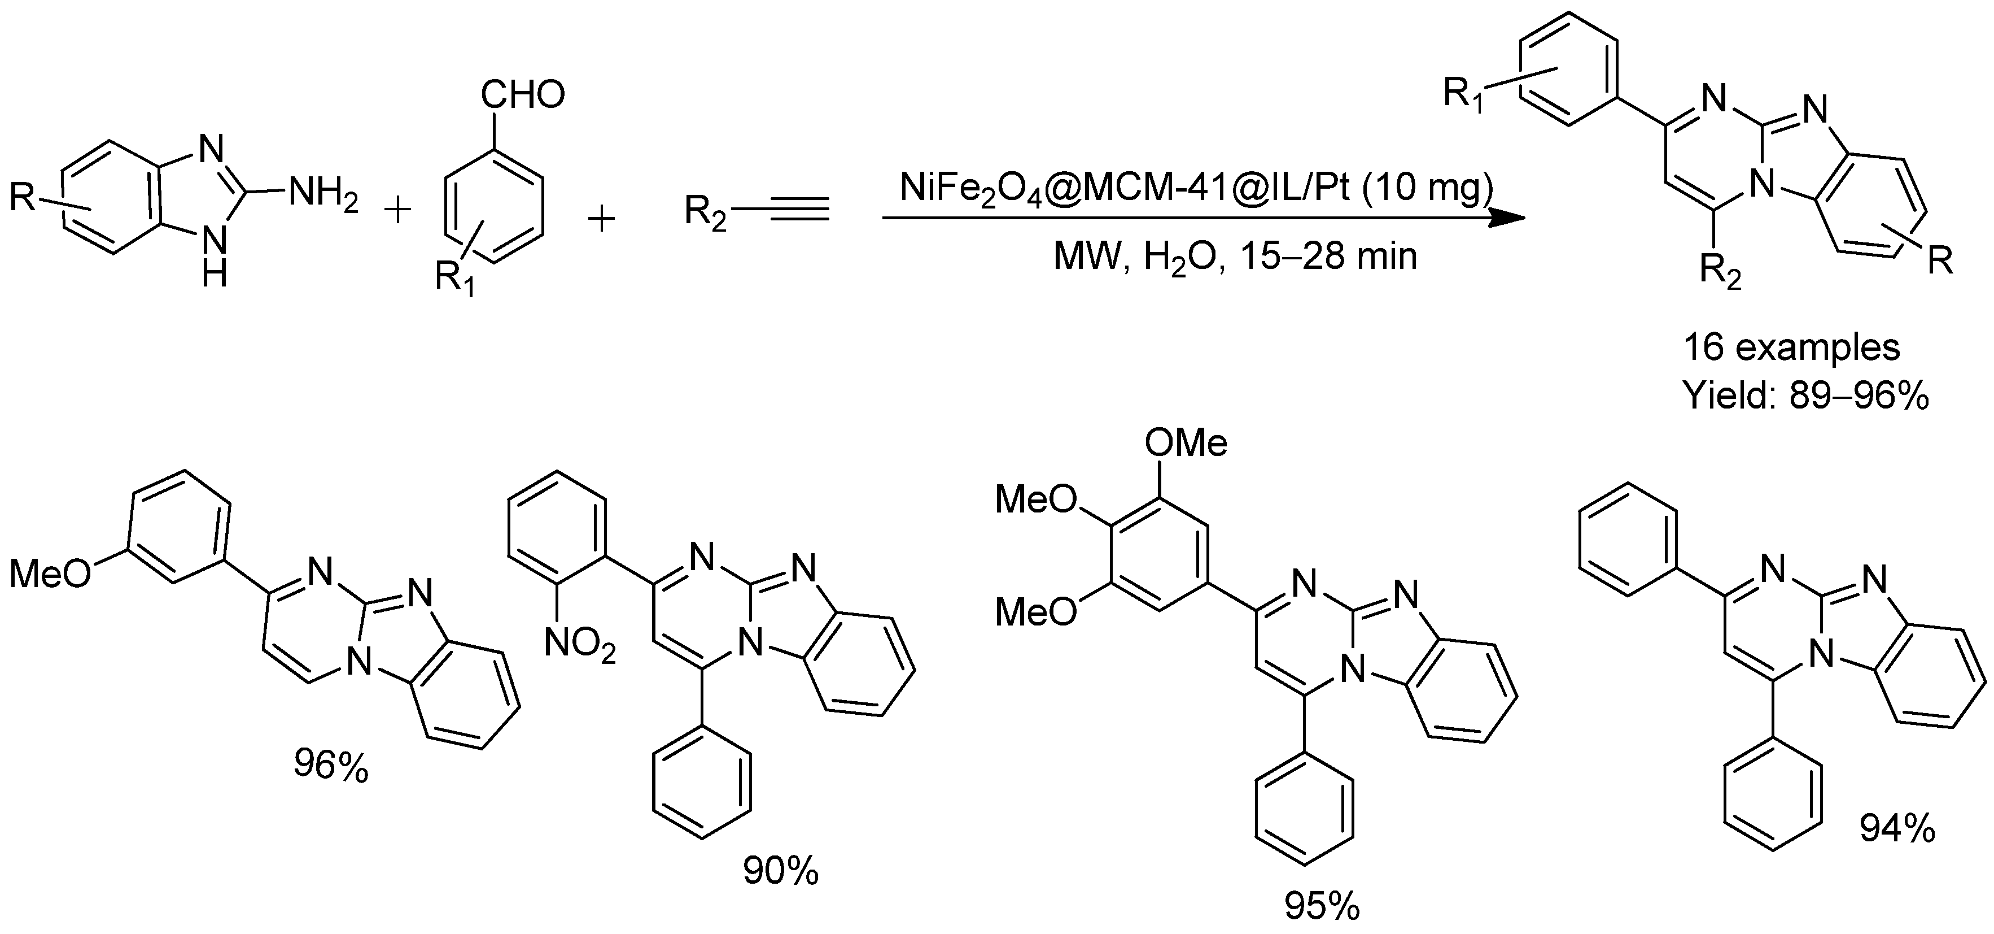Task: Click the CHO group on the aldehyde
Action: point(523,96)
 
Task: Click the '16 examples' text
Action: point(1792,347)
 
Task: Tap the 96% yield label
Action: point(330,767)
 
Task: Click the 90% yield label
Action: point(781,871)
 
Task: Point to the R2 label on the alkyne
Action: point(705,211)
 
